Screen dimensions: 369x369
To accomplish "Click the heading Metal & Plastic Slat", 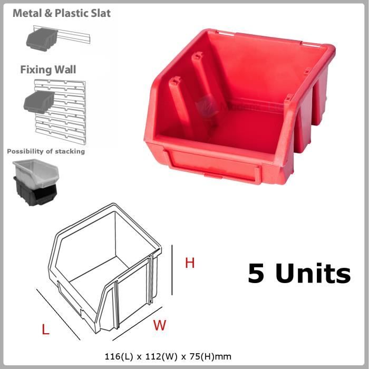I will click(62, 13).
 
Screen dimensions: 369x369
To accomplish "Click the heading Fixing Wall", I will click(48, 70).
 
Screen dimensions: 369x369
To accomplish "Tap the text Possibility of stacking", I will click(46, 151).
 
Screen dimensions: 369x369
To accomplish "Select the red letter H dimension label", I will click(190, 263).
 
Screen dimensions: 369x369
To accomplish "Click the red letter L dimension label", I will click(46, 330).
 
